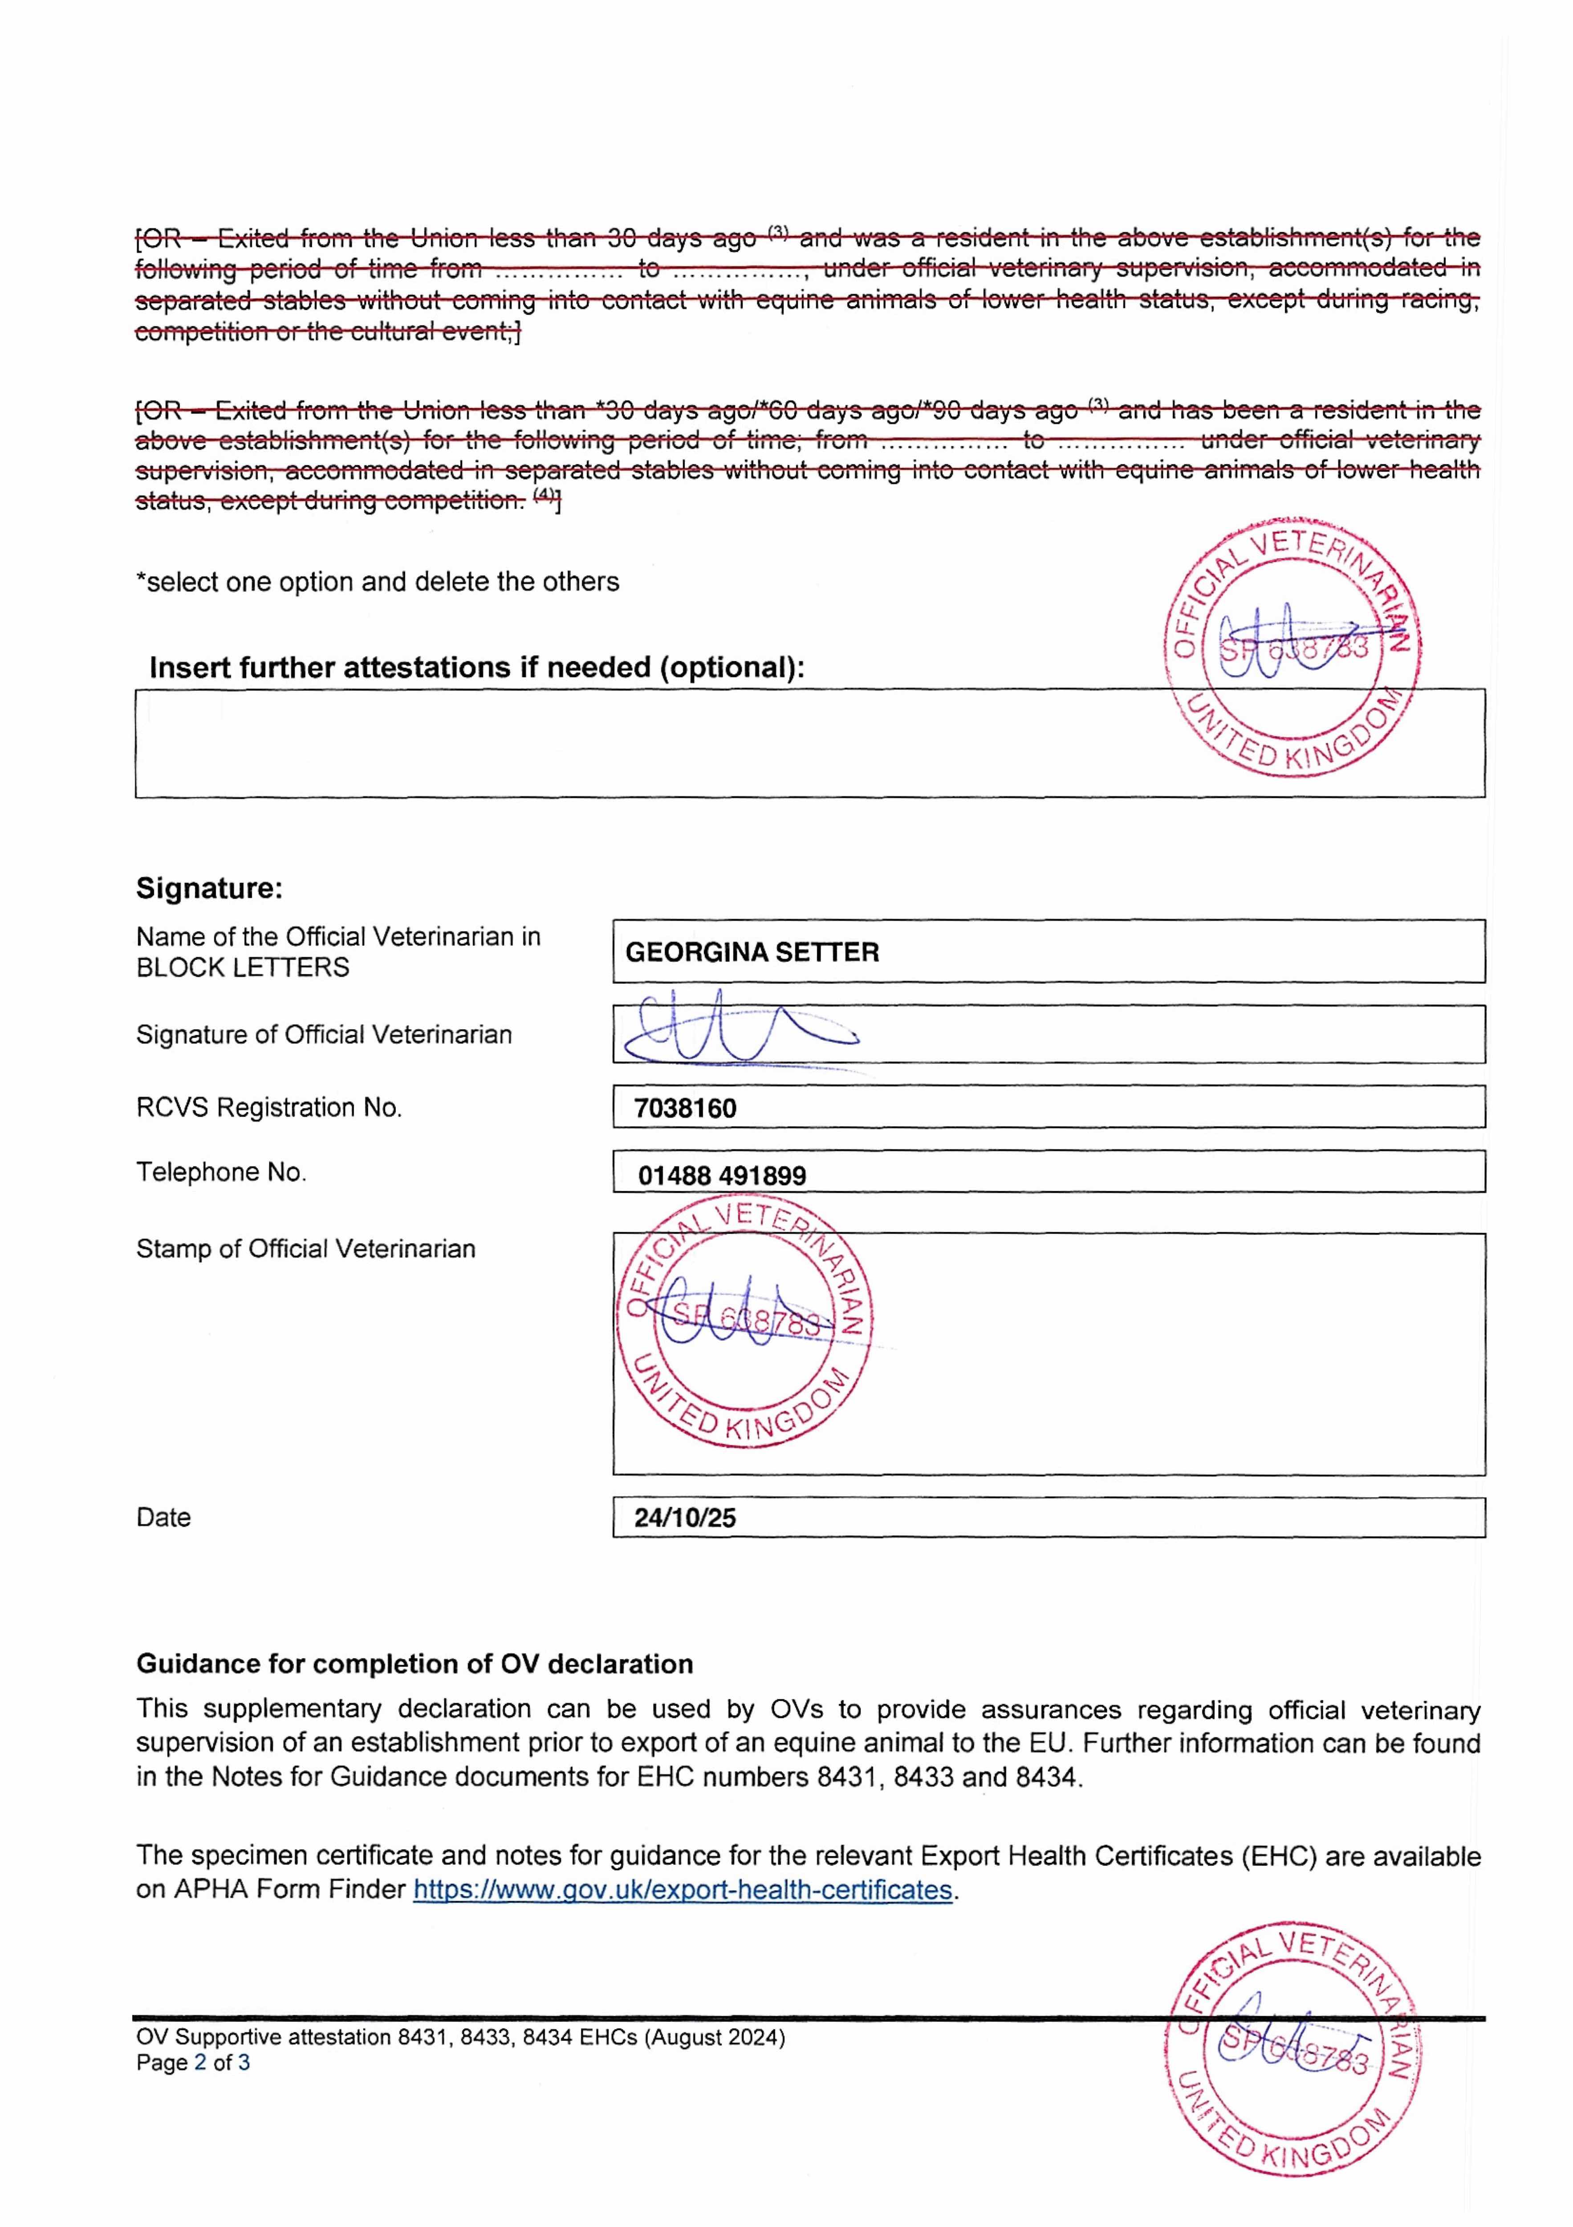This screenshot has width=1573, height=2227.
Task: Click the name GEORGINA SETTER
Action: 752,953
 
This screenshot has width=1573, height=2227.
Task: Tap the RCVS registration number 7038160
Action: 685,1109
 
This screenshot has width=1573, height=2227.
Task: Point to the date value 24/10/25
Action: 685,1518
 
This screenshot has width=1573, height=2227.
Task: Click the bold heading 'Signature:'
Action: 208,889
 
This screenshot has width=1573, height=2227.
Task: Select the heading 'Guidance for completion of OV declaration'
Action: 414,1664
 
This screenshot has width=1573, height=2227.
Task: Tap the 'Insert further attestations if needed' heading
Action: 476,668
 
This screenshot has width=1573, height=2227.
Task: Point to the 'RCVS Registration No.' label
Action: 268,1108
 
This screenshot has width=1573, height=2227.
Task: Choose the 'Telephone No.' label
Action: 221,1173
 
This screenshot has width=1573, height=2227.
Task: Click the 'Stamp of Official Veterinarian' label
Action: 305,1249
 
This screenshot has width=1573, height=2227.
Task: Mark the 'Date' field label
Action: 163,1518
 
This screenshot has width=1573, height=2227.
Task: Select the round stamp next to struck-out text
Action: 1292,647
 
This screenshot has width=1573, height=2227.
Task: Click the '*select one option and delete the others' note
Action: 377,582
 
